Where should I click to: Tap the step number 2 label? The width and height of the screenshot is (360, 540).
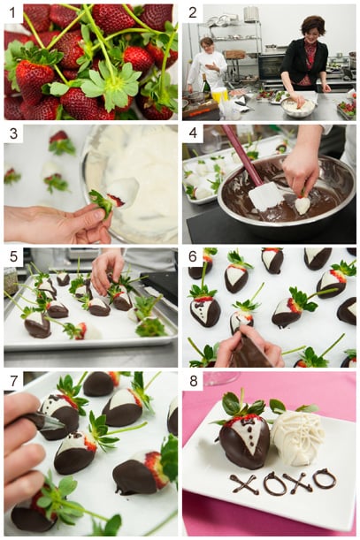click(x=192, y=13)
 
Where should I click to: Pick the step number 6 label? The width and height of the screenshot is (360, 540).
click(x=192, y=257)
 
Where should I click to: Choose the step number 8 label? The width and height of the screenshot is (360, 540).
click(x=192, y=381)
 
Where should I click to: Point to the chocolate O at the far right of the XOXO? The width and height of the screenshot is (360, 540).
click(x=325, y=479)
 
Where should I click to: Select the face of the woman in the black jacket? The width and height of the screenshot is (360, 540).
click(x=314, y=29)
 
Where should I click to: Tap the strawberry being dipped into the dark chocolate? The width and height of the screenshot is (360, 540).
click(x=303, y=204)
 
